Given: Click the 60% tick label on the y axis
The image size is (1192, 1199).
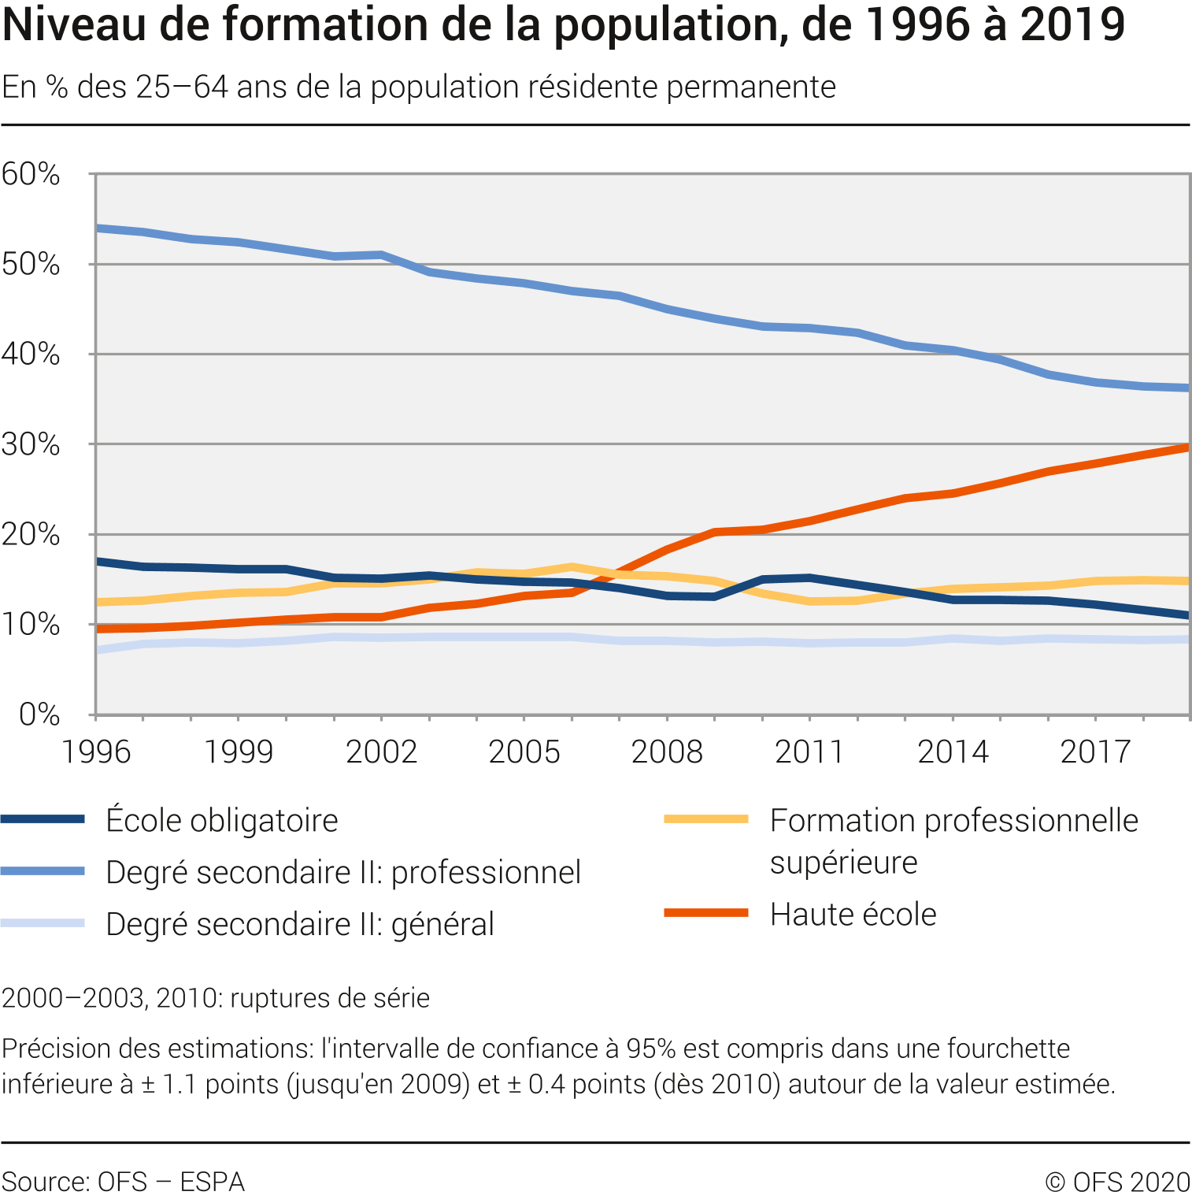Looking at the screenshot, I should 31,174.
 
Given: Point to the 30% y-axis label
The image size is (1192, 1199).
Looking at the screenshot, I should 31,445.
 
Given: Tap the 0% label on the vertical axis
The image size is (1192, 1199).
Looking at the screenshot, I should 39,715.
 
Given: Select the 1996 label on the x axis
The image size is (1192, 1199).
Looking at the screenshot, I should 96,752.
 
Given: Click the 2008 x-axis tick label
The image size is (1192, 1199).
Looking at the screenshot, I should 667,752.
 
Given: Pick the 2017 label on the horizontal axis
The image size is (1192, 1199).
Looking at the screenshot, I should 1095,752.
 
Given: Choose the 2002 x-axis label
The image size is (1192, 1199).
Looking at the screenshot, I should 381,752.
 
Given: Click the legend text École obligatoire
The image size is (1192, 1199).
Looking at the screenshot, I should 222,821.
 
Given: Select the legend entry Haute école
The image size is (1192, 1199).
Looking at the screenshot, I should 853,915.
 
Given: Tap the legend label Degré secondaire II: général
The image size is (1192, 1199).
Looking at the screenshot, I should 300,925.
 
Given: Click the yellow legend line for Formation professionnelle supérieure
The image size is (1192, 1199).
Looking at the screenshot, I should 705,819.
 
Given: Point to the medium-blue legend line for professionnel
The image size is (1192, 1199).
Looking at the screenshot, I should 43,871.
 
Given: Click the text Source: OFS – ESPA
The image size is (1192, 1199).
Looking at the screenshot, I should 124,1182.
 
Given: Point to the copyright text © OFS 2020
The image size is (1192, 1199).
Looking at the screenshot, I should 1118,1182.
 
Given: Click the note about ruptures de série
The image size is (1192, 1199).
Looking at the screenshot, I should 216,998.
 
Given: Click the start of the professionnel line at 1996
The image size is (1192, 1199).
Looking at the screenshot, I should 98,228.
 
